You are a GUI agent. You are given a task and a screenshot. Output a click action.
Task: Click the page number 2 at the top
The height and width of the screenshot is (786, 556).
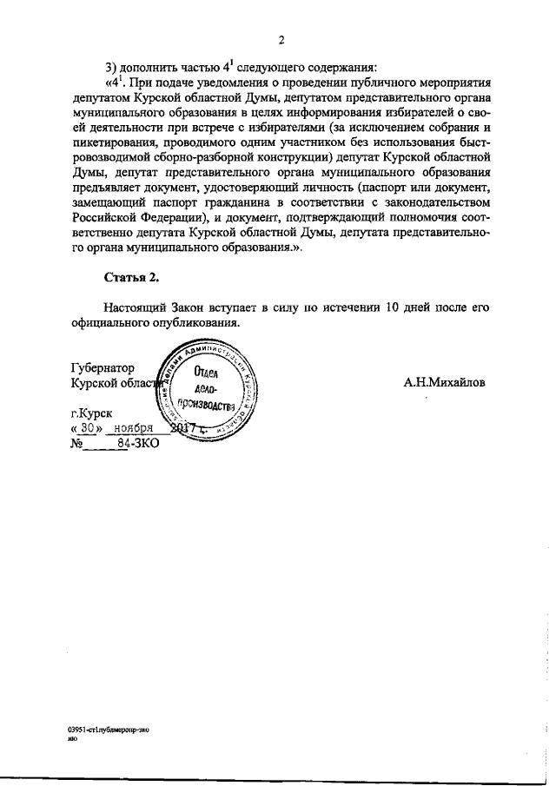(282, 40)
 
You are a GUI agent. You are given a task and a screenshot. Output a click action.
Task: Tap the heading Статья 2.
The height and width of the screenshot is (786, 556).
(131, 279)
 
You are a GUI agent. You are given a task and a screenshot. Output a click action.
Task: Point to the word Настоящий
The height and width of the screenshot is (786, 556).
(137, 307)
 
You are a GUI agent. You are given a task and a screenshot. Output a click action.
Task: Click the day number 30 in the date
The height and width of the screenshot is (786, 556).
(90, 429)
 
